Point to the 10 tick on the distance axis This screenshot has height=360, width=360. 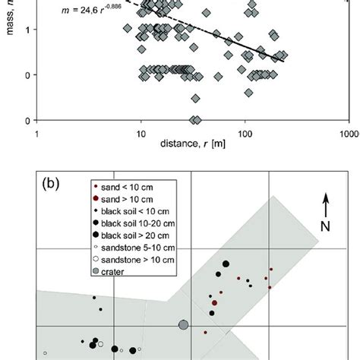point(141,131)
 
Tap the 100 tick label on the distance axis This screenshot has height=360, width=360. point(245,131)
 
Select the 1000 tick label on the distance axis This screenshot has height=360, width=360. point(346,131)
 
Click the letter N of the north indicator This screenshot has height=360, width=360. point(326,226)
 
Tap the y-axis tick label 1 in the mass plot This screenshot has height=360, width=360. point(28,30)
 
